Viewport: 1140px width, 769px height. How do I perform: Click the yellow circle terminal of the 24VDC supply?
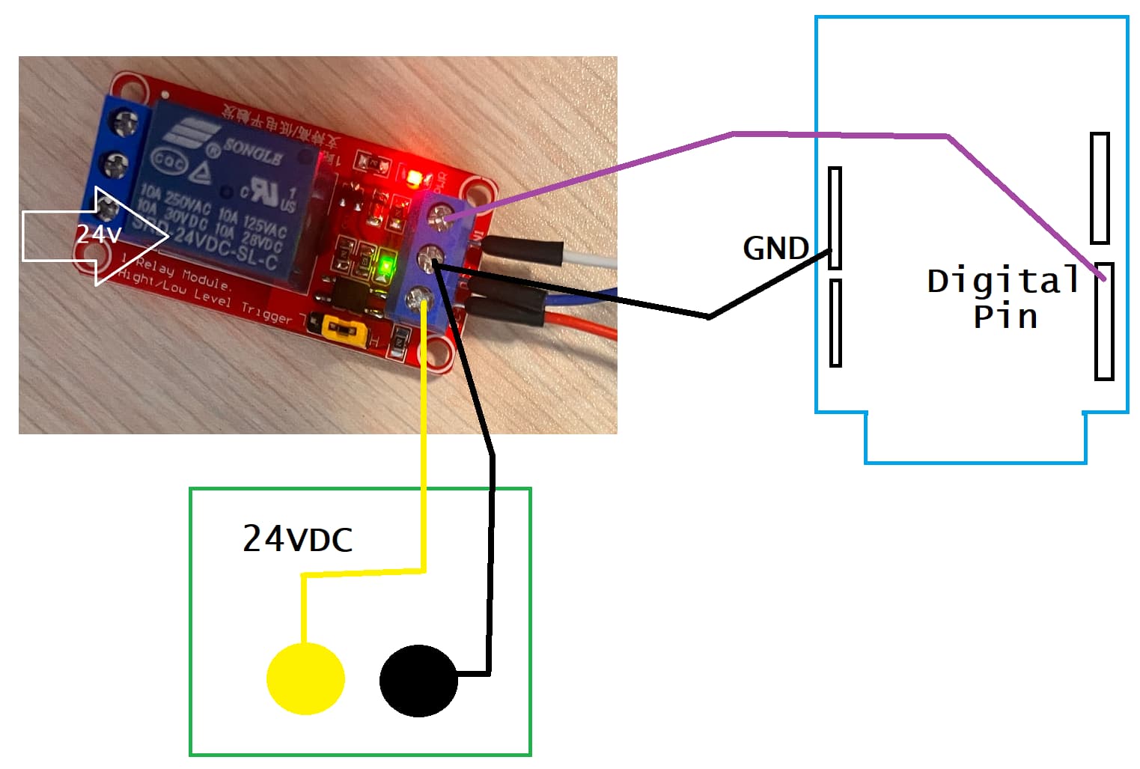305,678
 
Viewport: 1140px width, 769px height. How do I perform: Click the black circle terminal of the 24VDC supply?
418,681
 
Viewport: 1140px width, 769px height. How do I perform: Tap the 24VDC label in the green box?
297,538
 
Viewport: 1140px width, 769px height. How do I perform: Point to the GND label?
775,249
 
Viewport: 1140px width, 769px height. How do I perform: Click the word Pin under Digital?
1005,317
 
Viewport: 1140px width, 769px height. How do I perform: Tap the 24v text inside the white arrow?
98,234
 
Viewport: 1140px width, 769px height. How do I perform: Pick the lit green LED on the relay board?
386,265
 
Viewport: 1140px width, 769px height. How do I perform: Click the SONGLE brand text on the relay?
252,152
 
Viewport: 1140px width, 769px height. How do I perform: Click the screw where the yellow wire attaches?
416,301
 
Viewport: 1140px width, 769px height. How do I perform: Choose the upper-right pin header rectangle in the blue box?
1100,188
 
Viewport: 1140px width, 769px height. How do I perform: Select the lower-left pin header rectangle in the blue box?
835,323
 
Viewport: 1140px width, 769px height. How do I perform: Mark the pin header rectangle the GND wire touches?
835,218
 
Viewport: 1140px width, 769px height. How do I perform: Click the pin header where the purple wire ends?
1104,321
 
